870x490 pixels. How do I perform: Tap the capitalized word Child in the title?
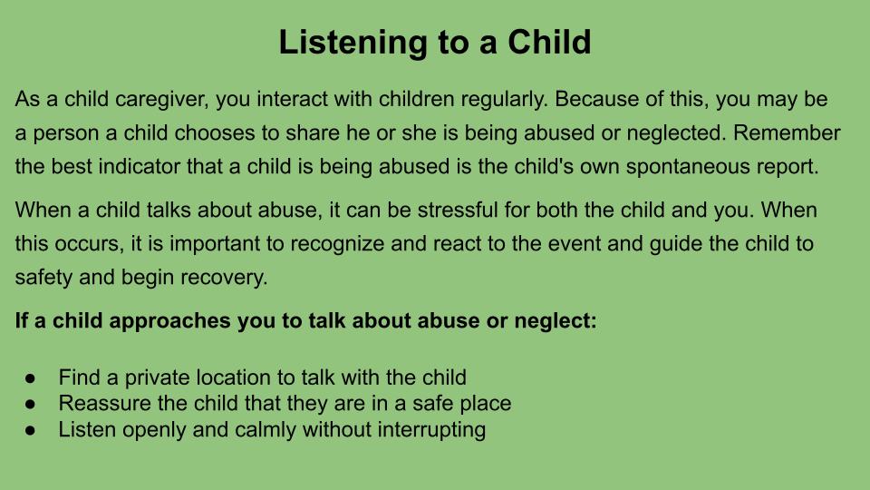click(x=549, y=42)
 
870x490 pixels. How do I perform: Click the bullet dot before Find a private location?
click(x=30, y=378)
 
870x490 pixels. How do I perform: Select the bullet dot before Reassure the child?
click(x=30, y=404)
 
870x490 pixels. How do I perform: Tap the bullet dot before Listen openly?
click(x=30, y=430)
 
